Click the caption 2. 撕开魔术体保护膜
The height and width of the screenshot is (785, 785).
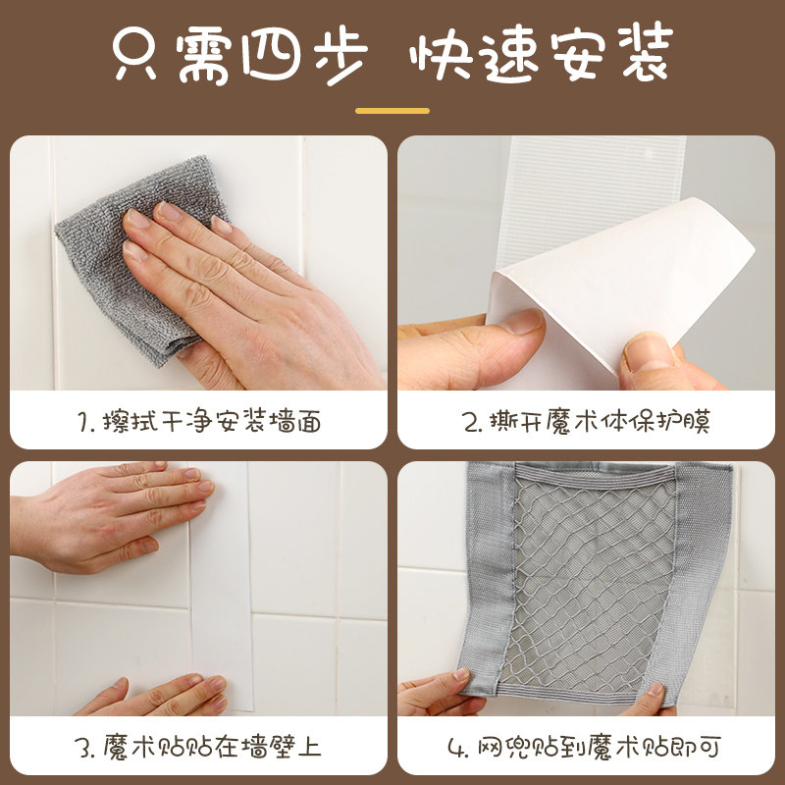(586, 422)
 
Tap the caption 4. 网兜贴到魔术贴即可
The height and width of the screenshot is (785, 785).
(586, 748)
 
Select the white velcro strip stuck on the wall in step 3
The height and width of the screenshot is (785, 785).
(220, 589)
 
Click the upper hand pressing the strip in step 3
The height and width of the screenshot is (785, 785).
(108, 515)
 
